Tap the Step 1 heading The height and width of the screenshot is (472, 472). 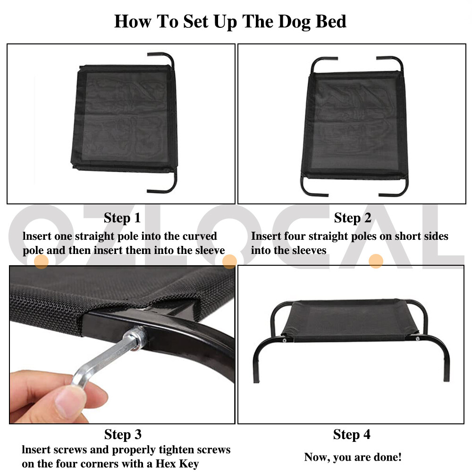pos(122,218)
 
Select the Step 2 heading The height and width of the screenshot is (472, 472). pos(353,218)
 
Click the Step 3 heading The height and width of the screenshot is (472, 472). pos(122,434)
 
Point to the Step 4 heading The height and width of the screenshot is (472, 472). pos(352,434)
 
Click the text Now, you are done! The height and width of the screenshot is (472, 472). pos(353,457)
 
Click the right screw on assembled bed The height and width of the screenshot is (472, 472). pos(417,338)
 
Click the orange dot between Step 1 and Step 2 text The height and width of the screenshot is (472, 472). pos(229,261)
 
